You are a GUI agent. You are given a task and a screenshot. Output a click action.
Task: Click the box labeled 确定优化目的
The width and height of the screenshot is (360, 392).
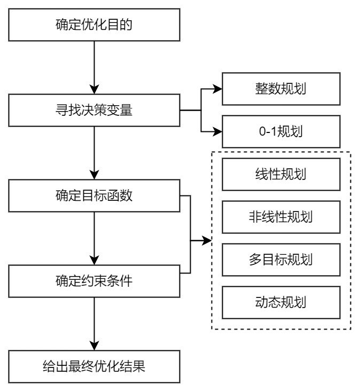tap(95, 25)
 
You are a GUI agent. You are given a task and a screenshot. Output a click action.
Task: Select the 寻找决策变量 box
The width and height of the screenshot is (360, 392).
tap(95, 110)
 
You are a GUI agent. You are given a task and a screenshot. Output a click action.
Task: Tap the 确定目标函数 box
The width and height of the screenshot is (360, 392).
tap(95, 195)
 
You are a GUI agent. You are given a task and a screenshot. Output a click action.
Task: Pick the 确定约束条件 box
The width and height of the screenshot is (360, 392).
tap(95, 281)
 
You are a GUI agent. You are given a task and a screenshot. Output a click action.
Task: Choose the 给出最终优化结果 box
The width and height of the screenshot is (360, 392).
tap(95, 366)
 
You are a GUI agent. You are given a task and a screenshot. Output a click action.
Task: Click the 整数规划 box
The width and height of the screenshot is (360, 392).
tap(281, 89)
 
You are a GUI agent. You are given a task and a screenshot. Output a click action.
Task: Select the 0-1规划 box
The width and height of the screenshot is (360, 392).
tap(281, 131)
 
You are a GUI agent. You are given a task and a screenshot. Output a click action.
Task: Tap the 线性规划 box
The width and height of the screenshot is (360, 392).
tap(281, 174)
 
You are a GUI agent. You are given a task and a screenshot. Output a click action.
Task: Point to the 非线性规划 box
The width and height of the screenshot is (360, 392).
tap(281, 217)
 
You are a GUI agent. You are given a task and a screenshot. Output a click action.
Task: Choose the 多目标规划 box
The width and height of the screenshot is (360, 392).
tap(281, 260)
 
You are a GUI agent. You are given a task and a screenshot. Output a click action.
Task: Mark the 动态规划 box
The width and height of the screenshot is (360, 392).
tap(281, 302)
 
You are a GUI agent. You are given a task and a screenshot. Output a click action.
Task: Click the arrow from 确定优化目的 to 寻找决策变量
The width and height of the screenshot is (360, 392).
tap(95, 67)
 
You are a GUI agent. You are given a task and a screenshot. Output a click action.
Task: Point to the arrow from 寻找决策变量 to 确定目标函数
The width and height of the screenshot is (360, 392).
tap(95, 152)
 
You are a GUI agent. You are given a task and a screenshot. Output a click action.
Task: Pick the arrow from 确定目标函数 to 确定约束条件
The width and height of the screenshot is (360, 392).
tap(95, 238)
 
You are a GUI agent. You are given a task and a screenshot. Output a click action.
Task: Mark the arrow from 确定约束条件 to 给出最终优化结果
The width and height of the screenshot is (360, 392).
tap(95, 323)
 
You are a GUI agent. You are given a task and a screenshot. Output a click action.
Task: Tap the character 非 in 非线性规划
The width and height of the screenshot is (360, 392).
tap(255, 217)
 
